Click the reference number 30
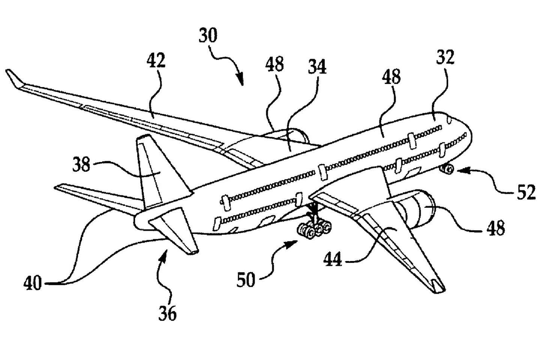208,36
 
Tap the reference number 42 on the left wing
156,60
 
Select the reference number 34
318,67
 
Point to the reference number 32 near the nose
445,57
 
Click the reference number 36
167,312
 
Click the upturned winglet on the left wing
14,78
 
